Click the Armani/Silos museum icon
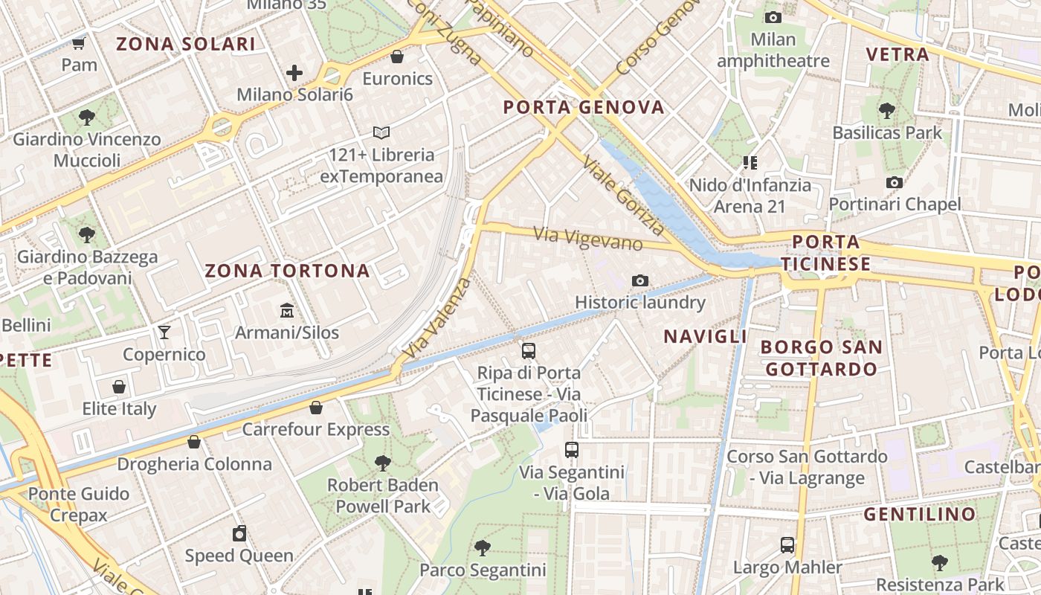click(287, 310)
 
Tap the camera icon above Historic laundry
click(639, 280)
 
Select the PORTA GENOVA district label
click(584, 107)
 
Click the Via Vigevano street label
click(588, 239)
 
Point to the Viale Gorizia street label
click(623, 195)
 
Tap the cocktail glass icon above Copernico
click(164, 332)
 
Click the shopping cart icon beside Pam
click(79, 43)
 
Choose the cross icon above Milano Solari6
click(294, 73)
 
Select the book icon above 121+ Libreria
click(381, 132)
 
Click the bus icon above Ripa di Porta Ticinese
click(529, 350)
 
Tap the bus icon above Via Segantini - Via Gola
click(571, 449)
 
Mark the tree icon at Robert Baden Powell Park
click(382, 463)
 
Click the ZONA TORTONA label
click(287, 271)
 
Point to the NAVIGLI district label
click(705, 336)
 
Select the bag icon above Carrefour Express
click(316, 408)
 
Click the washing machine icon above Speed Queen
click(239, 533)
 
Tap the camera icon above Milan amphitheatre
click(773, 17)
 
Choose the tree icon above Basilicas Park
click(886, 111)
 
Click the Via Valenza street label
click(436, 318)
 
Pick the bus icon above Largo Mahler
click(787, 545)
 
